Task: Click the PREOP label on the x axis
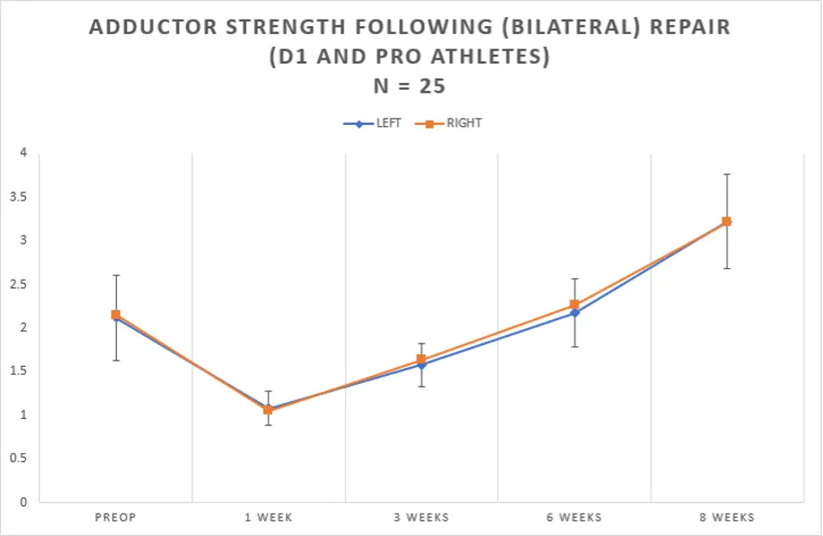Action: (116, 517)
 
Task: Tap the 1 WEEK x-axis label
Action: (269, 517)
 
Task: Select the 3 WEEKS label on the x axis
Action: (421, 517)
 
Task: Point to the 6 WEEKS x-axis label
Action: (574, 517)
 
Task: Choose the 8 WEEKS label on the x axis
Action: (727, 517)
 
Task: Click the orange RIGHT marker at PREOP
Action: (116, 315)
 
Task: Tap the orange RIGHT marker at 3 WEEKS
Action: (421, 360)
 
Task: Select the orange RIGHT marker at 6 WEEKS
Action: (574, 305)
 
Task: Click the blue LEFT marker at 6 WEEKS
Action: (574, 313)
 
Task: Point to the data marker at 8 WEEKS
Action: (727, 221)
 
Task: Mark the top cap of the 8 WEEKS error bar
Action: (727, 174)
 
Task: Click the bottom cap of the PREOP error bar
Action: (116, 361)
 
